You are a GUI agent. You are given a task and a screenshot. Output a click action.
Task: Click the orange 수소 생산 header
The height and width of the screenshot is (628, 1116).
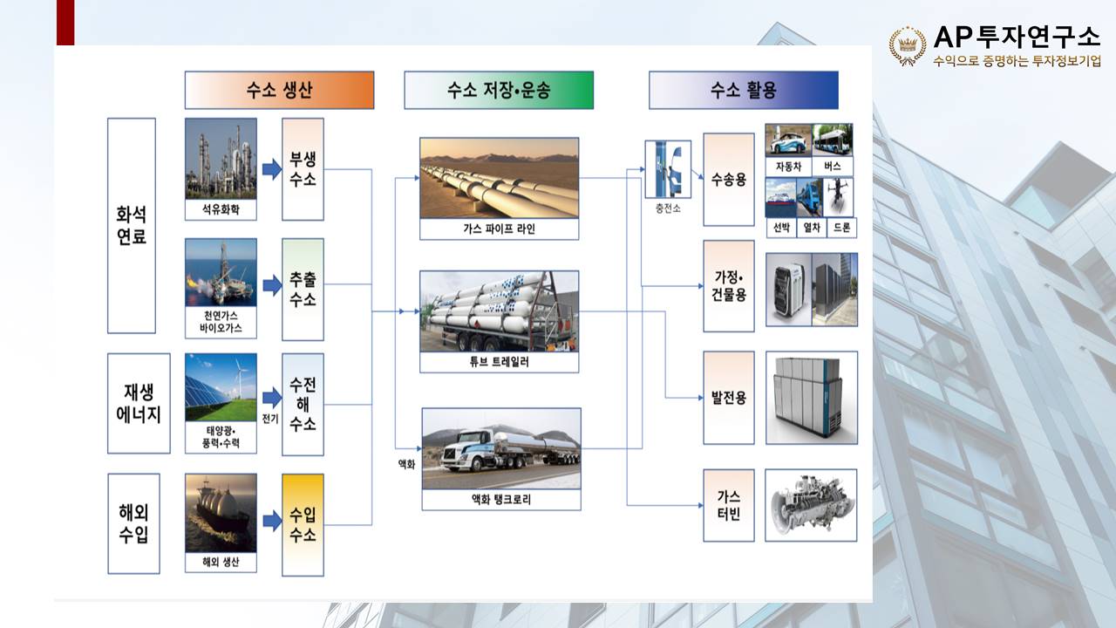279,90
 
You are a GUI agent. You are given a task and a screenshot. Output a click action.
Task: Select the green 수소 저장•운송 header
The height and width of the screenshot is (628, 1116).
499,90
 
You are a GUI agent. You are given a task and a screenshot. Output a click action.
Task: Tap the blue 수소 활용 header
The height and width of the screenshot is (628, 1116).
744,90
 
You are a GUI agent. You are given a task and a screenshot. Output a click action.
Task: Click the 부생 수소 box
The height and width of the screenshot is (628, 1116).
303,169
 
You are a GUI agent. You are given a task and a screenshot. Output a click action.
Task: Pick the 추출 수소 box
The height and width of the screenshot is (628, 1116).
303,289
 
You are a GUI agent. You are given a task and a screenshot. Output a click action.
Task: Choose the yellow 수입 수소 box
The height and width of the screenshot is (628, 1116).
303,525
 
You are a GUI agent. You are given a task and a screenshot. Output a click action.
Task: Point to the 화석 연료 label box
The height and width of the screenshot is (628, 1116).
132,225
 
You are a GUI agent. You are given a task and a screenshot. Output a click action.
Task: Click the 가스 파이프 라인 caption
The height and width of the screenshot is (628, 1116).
500,229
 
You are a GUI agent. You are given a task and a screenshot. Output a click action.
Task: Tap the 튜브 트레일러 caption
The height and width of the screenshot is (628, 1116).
500,362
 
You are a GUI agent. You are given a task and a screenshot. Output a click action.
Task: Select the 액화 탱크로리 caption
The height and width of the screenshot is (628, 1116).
501,500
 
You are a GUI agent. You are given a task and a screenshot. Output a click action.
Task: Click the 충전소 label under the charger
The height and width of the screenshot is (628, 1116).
668,208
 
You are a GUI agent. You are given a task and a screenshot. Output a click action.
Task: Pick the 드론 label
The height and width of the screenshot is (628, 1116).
842,228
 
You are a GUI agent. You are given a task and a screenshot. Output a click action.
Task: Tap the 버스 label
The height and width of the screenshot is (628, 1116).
833,166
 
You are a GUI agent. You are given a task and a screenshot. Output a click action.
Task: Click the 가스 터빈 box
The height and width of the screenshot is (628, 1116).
728,505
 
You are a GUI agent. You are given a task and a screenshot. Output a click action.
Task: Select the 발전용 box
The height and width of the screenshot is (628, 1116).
728,398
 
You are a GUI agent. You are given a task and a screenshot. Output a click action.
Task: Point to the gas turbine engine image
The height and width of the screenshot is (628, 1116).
811,505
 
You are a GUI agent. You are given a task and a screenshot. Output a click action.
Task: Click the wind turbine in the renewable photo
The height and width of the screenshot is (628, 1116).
241,378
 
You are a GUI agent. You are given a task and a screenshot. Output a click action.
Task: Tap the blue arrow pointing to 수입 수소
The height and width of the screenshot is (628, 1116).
272,521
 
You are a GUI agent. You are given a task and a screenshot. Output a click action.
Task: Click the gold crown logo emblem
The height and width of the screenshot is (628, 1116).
908,46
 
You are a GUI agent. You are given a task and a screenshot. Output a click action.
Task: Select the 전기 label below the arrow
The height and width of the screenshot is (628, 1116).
270,419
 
